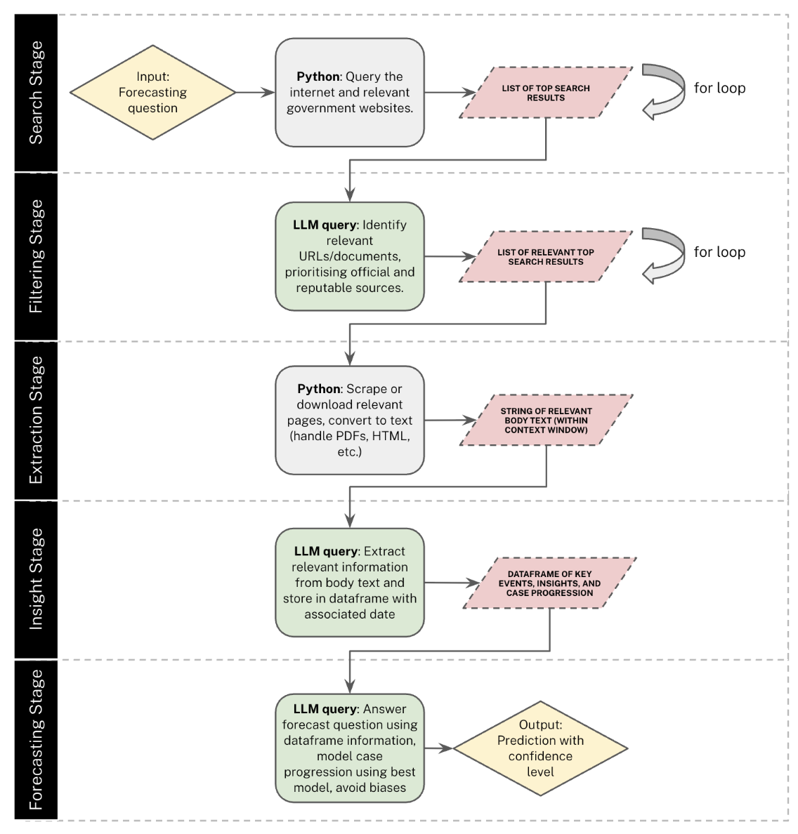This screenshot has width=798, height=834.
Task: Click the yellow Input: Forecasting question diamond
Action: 152,93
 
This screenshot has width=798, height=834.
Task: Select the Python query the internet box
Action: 350,93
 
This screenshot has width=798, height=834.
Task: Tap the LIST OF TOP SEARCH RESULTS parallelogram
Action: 546,93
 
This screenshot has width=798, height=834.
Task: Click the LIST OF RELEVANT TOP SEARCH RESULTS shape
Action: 546,256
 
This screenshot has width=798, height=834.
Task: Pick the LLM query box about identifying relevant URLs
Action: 350,256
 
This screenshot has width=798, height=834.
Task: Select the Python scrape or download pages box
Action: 350,421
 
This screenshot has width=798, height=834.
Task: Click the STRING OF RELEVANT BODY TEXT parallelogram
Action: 547,421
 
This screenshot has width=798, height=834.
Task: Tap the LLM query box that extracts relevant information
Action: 350,583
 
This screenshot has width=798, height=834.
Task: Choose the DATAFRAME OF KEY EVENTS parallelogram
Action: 549,583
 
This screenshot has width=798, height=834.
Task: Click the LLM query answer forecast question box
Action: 350,748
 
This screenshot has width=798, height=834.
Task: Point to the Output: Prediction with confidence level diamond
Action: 540,748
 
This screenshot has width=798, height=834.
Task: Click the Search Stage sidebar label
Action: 36,93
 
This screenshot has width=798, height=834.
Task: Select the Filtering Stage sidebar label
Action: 36,256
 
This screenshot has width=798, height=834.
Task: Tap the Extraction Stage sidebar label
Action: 36,421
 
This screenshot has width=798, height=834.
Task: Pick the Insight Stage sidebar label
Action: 36,579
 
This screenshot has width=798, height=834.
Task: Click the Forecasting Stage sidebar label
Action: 36,739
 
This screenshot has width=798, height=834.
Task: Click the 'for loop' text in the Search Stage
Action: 719,88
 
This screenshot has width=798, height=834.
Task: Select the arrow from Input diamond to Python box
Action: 255,93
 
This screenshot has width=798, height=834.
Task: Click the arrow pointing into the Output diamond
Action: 438,748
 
